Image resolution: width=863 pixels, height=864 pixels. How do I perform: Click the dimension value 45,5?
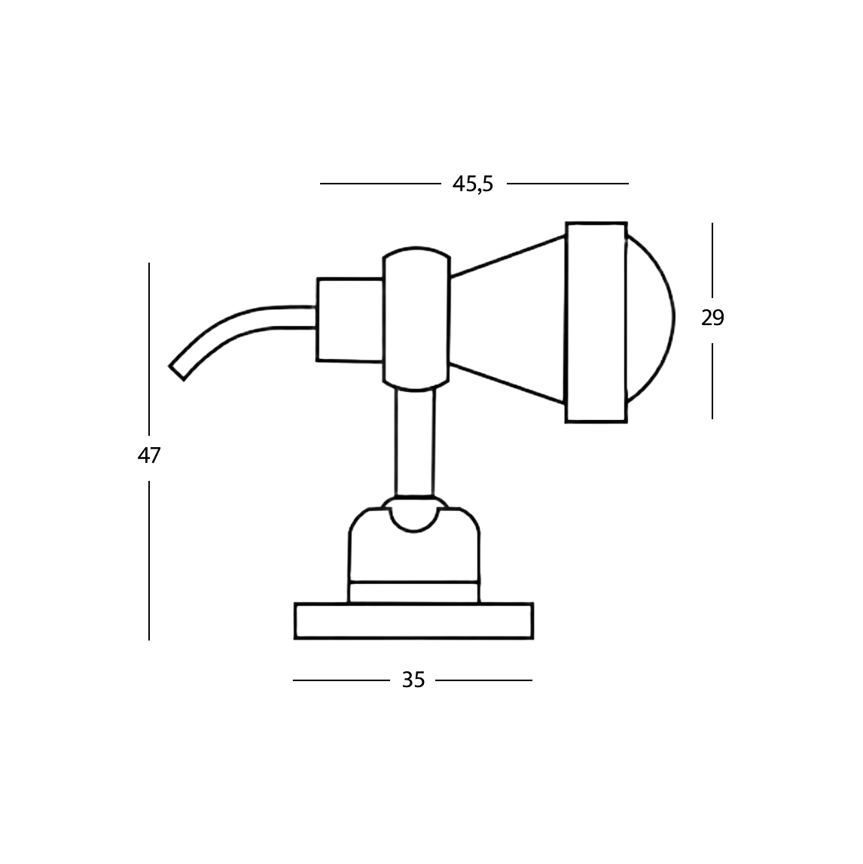pos(472,184)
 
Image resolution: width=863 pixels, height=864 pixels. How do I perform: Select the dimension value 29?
pos(712,318)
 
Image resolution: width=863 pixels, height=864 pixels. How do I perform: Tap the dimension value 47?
pos(149,455)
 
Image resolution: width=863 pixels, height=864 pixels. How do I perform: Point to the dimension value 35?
pos(413,680)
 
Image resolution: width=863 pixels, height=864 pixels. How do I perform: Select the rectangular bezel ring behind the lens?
pos(596,321)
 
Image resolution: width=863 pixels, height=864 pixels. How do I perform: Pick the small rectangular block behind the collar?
pos(349,320)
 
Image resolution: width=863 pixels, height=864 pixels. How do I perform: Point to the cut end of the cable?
pos(177,373)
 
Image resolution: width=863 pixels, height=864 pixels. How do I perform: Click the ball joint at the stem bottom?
pos(414,516)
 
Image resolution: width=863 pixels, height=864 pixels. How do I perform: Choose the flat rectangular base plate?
pos(413,621)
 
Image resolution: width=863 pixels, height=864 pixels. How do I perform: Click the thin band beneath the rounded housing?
pos(414,592)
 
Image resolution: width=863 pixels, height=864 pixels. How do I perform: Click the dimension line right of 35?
pos(483,680)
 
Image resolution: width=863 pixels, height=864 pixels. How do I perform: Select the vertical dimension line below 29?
pos(712,380)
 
